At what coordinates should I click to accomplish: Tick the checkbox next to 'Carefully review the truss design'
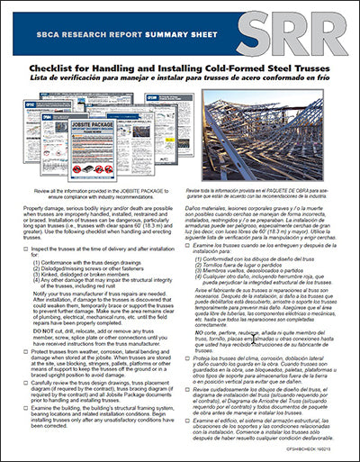[x=24, y=381]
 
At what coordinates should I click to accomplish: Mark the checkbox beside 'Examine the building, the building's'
[x=24, y=410]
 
